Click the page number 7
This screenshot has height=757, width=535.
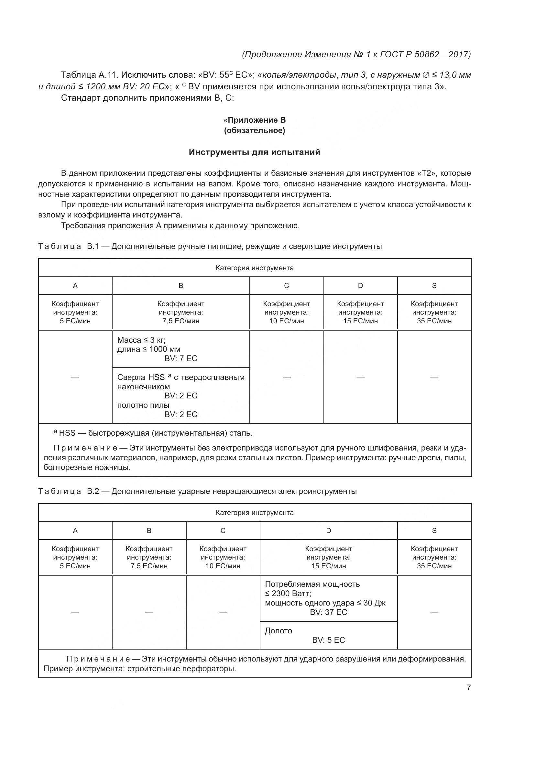[x=468, y=687]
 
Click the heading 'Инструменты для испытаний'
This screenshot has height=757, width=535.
[x=254, y=152]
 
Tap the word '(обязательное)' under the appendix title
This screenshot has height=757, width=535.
[x=254, y=130]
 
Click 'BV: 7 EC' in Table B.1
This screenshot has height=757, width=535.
[x=181, y=358]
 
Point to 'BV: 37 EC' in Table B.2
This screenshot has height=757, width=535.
[x=328, y=612]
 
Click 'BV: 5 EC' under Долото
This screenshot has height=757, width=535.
[x=328, y=640]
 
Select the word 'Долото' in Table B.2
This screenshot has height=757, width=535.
[x=278, y=630]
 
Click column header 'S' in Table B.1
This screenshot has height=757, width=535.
[x=434, y=285]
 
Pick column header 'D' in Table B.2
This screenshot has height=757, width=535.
[x=328, y=530]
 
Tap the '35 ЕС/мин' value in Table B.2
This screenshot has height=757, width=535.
[x=434, y=566]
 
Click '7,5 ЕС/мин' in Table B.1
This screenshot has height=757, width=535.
[x=181, y=321]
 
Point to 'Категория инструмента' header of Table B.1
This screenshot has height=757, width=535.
[x=254, y=268]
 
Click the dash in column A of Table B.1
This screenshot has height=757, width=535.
[x=75, y=377]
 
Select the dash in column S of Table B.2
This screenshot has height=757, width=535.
[x=434, y=612]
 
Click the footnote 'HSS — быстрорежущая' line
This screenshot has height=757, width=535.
[x=155, y=433]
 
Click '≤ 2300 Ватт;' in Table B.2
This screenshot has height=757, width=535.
[x=288, y=594]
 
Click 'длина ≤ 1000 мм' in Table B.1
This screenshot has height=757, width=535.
[x=148, y=349]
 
